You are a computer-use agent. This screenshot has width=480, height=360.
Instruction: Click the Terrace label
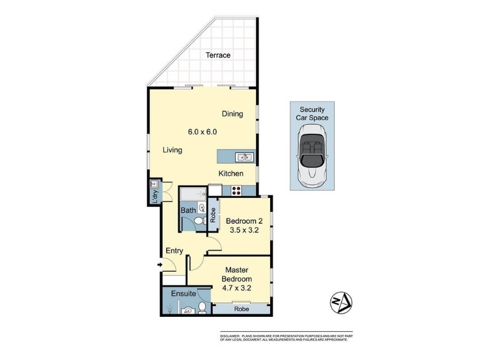pyautogui.click(x=218, y=55)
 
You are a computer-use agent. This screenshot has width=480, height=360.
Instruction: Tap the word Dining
pyautogui.click(x=232, y=114)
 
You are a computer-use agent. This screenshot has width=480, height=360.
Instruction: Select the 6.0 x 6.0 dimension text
pyautogui.click(x=202, y=132)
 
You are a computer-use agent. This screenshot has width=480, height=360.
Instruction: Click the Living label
pyautogui.click(x=172, y=150)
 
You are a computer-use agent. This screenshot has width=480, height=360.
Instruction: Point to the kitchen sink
pyautogui.click(x=244, y=157)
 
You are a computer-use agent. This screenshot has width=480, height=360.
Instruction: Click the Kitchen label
pyautogui.click(x=231, y=173)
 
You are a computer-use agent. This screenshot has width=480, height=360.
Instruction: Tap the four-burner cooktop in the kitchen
pyautogui.click(x=236, y=191)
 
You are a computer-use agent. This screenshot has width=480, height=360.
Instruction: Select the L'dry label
pyautogui.click(x=155, y=197)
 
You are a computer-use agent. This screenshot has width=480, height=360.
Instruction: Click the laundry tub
pyautogui.click(x=154, y=184)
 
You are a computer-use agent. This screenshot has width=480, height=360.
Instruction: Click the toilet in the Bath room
pyautogui.click(x=200, y=220)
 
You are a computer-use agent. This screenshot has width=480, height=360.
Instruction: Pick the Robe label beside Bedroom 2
pyautogui.click(x=213, y=215)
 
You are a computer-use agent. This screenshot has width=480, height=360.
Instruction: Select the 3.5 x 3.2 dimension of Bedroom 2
pyautogui.click(x=244, y=230)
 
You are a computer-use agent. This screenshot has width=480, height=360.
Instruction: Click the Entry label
pyautogui.click(x=174, y=251)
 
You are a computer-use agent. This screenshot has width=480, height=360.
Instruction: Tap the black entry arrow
pyautogui.click(x=160, y=265)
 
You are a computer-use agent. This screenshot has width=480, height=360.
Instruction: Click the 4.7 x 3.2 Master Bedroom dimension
pyautogui.click(x=236, y=288)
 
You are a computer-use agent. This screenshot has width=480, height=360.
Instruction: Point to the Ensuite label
pyautogui.click(x=184, y=293)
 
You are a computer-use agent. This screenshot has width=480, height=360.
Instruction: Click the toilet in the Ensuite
pyautogui.click(x=202, y=308)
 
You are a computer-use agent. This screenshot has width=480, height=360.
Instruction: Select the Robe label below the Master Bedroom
pyautogui.click(x=242, y=309)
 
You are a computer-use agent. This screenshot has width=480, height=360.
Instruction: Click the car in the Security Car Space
pyautogui.click(x=312, y=152)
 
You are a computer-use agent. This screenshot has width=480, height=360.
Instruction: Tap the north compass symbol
pyautogui.click(x=341, y=303)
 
